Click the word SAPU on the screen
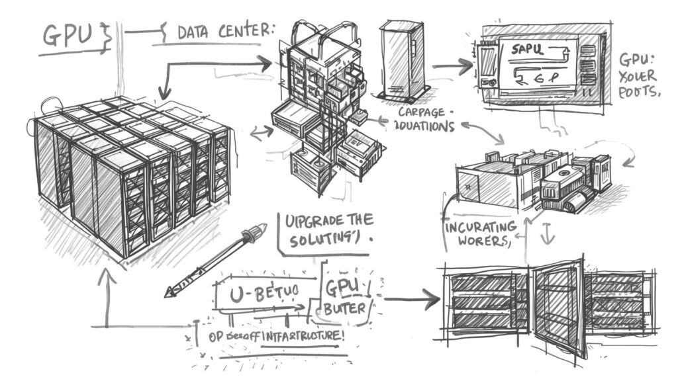point(521,48)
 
